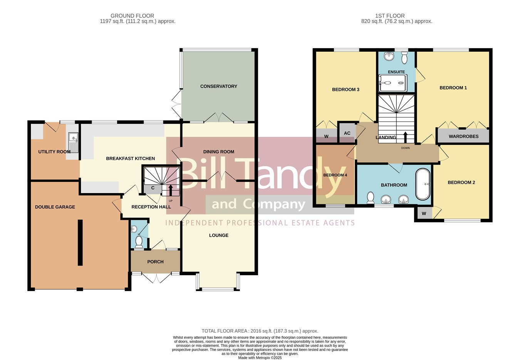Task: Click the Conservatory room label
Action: click(219, 86)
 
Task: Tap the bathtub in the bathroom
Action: click(423, 184)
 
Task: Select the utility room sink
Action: click(73, 142)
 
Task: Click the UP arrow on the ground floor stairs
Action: click(171, 190)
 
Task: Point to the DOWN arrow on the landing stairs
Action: click(406, 138)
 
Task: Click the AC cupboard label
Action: click(347, 133)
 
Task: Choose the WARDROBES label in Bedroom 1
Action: click(464, 136)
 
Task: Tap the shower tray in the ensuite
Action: click(393, 83)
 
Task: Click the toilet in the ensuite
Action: click(404, 57)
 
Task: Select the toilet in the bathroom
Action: click(371, 198)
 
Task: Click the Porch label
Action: click(155, 262)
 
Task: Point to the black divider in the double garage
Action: click(80, 242)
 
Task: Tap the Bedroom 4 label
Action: click(335, 175)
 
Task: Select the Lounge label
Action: click(219, 235)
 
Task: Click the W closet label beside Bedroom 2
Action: click(424, 214)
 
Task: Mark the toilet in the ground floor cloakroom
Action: click(139, 242)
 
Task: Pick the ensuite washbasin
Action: click(388, 56)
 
